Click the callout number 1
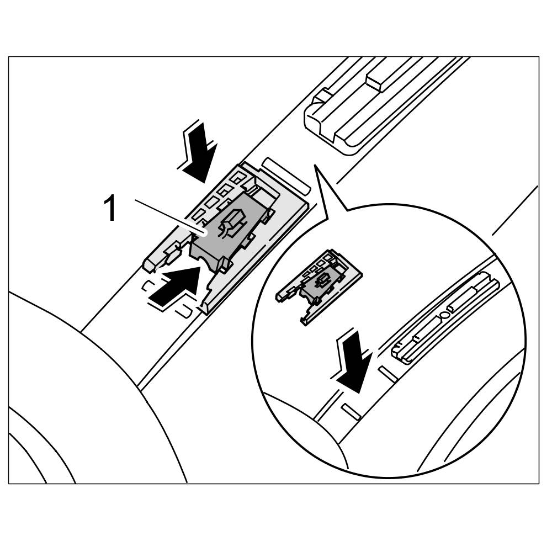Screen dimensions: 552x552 click(110, 209)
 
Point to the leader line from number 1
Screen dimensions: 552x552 click(168, 218)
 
